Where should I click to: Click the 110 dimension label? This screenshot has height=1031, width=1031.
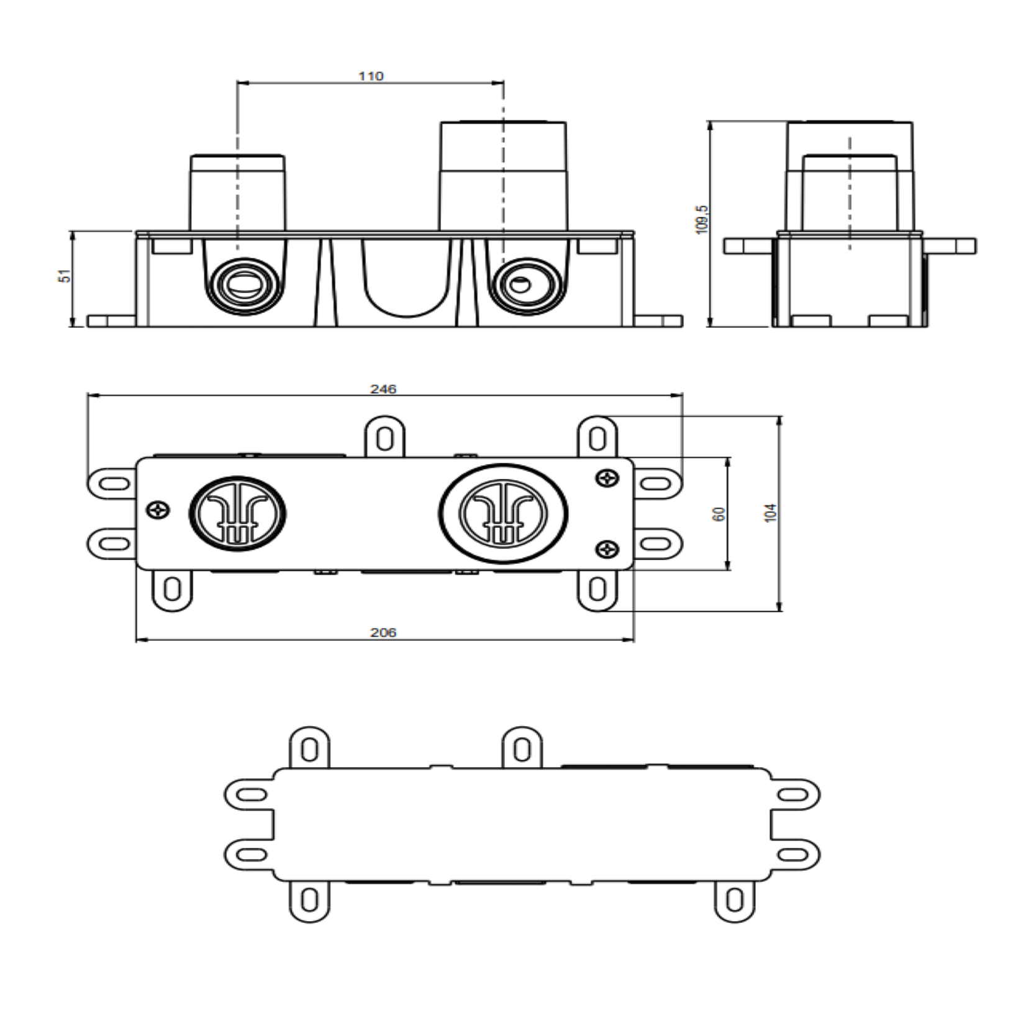371,76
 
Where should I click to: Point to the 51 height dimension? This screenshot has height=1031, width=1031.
65,276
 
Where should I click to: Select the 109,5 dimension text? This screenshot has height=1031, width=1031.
702,219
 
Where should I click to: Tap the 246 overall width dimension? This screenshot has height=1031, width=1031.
383,389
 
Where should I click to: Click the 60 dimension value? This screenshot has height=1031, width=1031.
720,514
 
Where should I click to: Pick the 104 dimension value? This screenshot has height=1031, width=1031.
771,513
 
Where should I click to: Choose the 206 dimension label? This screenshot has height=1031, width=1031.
383,633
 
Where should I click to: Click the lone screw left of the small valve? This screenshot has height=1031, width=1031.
159,511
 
